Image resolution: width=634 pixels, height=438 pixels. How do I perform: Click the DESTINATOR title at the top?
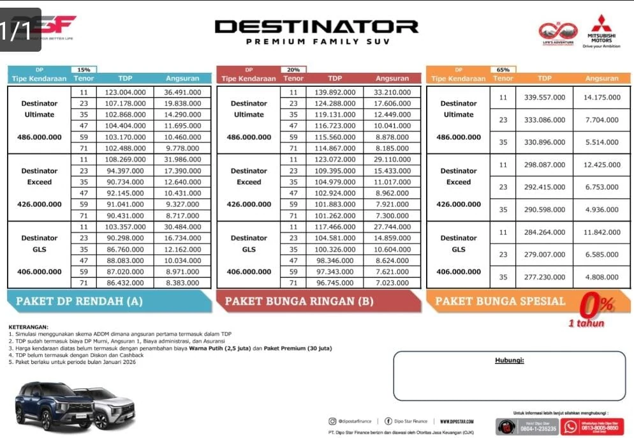316,27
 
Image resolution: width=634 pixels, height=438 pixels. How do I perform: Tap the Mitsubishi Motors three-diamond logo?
601,24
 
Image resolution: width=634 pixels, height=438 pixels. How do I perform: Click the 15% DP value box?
84,70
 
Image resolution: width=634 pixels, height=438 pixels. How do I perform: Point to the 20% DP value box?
293,70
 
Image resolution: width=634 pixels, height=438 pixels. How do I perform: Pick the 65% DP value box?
503,70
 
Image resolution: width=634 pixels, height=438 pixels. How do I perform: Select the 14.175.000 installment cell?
601,98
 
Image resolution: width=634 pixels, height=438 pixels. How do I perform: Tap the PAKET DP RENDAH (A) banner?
108,301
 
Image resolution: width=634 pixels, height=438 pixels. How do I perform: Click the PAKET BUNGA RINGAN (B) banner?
318,301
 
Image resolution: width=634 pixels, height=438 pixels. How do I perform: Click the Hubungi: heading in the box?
509,361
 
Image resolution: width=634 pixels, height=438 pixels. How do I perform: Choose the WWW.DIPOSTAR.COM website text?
457,421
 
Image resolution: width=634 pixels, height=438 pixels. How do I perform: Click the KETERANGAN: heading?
28,327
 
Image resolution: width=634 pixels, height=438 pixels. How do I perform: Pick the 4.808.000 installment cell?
601,277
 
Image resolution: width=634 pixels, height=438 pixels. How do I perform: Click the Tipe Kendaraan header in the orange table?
458,79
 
